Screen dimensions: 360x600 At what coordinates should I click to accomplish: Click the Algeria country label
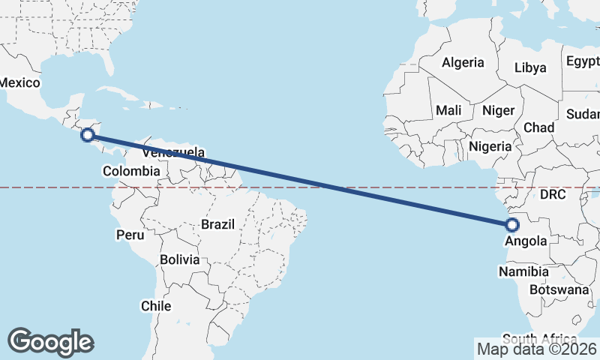[x=463, y=63]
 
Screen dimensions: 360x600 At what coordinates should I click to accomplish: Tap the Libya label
[x=530, y=67]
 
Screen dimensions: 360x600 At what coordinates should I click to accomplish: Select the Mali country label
[x=448, y=110]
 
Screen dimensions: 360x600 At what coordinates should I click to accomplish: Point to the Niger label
[x=498, y=110]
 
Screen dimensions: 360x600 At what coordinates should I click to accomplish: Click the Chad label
[x=538, y=127]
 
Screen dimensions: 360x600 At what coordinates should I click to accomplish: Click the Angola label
[x=526, y=241]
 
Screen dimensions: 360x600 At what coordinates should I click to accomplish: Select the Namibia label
[x=523, y=271]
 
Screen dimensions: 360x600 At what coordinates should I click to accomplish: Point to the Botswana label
[x=559, y=289]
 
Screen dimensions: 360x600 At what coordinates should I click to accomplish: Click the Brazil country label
[x=217, y=224]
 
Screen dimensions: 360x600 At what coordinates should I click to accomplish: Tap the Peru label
[x=129, y=235]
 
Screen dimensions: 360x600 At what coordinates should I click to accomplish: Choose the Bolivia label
[x=179, y=260]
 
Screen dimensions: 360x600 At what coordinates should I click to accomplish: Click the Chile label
[x=156, y=306]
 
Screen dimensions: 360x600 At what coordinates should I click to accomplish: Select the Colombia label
[x=131, y=171]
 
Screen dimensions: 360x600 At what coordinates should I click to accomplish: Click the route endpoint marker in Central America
[x=88, y=135]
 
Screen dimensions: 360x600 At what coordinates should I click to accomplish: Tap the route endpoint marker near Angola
[x=512, y=224]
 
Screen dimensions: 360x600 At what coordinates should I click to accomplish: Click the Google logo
[x=50, y=342]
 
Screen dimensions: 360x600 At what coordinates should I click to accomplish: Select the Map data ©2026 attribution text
[x=536, y=349]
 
